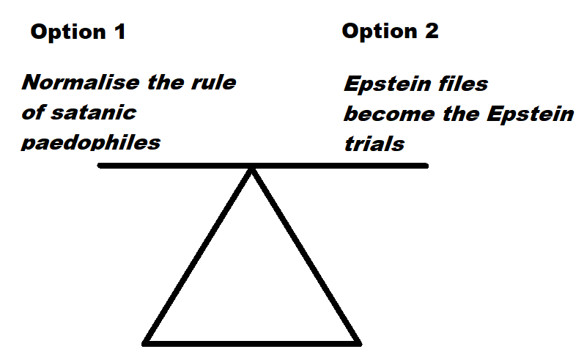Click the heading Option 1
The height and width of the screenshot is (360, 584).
point(77,32)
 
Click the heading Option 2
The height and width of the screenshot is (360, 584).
point(390,32)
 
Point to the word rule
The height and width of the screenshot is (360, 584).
point(215,82)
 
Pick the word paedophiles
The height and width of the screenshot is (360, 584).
point(91,142)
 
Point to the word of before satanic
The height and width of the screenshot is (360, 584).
point(32,112)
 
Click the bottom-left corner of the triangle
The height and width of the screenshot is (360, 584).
point(147,342)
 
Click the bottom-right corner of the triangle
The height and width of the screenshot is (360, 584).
point(359,342)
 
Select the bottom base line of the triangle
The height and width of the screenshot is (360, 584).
point(253,342)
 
